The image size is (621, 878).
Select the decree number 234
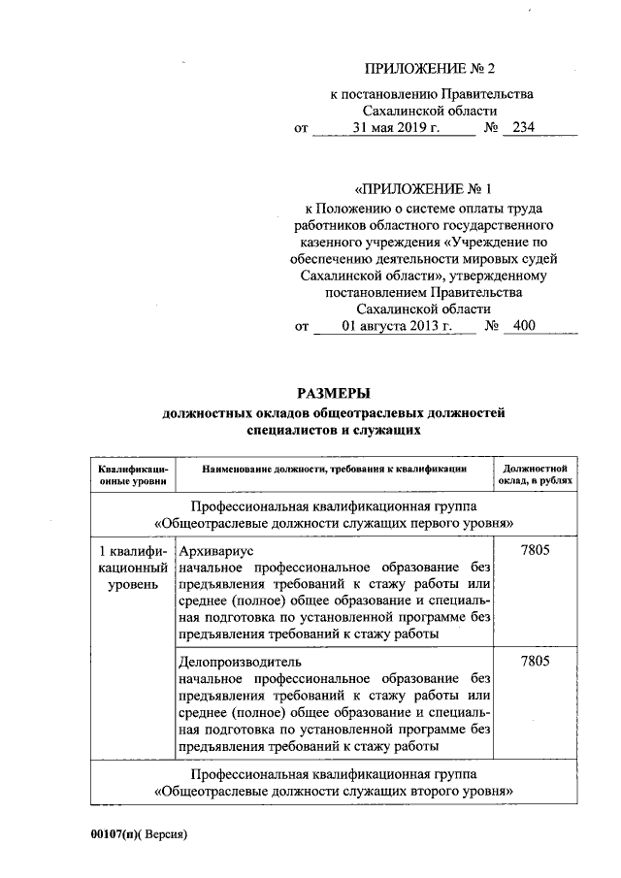click(524, 128)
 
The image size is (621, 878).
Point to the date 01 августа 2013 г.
click(398, 327)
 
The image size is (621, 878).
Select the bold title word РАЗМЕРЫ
click(334, 393)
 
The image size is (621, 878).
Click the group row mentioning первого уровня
click(334, 515)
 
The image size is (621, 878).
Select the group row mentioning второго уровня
click(334, 783)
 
